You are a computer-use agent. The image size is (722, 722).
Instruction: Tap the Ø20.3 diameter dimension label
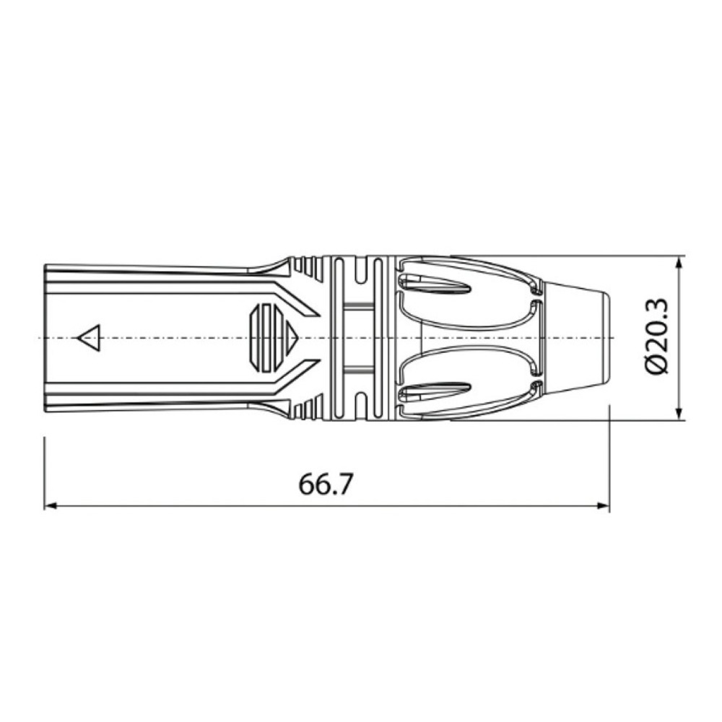[658, 337]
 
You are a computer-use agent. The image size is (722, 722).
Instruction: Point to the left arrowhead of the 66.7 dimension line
[49, 506]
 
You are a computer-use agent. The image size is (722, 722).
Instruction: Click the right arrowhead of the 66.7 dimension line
[605, 506]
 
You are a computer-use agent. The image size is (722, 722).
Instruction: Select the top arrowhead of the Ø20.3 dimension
[679, 262]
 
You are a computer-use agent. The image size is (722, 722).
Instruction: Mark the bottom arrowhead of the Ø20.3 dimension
[679, 414]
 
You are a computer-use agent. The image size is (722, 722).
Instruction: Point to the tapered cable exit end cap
[578, 338]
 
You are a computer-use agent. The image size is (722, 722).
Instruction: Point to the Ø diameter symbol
[658, 366]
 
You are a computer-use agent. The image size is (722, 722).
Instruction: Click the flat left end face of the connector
[45, 338]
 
